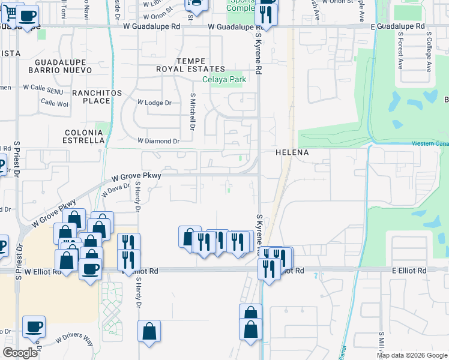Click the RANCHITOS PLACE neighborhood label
[x=97, y=97]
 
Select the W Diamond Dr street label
[x=158, y=141]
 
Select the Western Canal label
[x=430, y=143]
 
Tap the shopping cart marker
[x=12, y=11]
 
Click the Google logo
[x=20, y=353]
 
